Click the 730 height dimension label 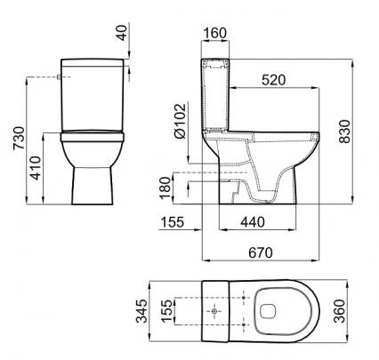19,138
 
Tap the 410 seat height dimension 36,168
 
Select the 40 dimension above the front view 122,33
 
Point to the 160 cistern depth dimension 215,33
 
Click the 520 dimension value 274,80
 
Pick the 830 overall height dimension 344,132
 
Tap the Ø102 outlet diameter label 181,121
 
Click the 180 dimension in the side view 165,188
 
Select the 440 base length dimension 253,221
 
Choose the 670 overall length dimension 261,252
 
